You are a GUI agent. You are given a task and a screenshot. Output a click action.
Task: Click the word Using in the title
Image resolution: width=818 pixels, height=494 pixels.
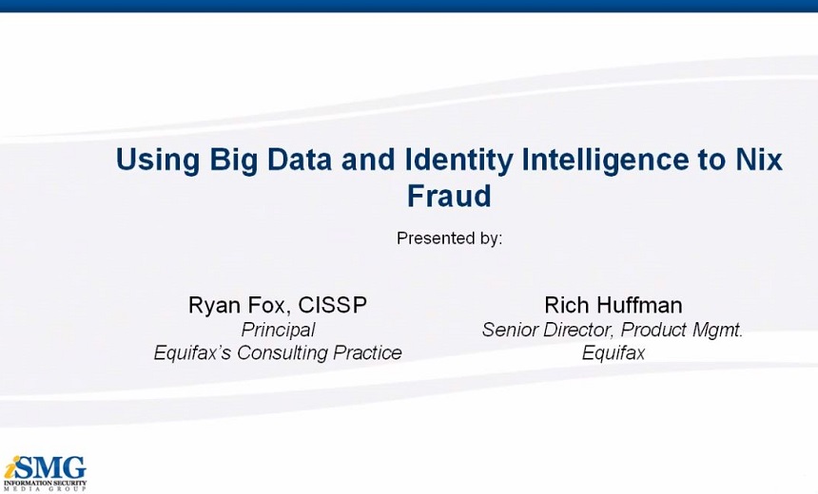pyautogui.click(x=157, y=161)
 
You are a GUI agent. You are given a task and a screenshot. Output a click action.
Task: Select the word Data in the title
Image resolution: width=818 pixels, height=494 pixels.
pyautogui.click(x=300, y=160)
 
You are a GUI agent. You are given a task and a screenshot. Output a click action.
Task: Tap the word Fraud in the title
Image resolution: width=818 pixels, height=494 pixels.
pyautogui.click(x=449, y=196)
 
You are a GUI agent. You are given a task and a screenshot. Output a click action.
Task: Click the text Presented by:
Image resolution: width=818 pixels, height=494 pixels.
pyautogui.click(x=449, y=238)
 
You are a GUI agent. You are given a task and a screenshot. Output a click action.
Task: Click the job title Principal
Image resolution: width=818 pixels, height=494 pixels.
pyautogui.click(x=278, y=331)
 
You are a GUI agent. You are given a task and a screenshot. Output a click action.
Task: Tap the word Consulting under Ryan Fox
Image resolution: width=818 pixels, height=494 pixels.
pyautogui.click(x=282, y=353)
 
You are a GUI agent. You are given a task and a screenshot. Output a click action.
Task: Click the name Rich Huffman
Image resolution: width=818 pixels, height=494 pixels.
pyautogui.click(x=613, y=305)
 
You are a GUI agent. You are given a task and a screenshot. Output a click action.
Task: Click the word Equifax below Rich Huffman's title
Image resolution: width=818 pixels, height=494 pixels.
pyautogui.click(x=613, y=353)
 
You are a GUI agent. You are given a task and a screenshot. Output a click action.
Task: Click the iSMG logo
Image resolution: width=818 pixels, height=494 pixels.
pyautogui.click(x=45, y=473)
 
